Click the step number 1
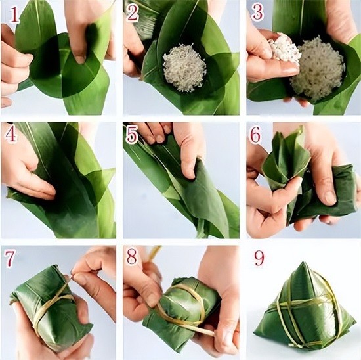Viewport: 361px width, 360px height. pyautogui.click(x=14, y=14)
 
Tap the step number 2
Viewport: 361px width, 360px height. pyautogui.click(x=133, y=14)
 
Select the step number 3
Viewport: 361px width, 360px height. pyautogui.click(x=257, y=12)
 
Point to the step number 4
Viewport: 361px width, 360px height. pyautogui.click(x=11, y=135)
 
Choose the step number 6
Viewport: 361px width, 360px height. pyautogui.click(x=255, y=135)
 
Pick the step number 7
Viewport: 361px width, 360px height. pyautogui.click(x=9, y=259)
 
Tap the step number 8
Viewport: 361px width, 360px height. pyautogui.click(x=133, y=256)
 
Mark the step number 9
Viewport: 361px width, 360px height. pyautogui.click(x=259, y=258)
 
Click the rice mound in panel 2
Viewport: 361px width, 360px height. pyautogui.click(x=184, y=69)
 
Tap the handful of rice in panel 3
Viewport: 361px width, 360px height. pyautogui.click(x=285, y=48)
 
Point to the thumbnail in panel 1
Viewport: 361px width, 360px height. pyautogui.click(x=80, y=59)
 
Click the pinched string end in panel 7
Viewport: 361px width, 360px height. pyautogui.click(x=73, y=274)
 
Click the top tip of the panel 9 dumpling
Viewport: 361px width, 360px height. pyautogui.click(x=303, y=263)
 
